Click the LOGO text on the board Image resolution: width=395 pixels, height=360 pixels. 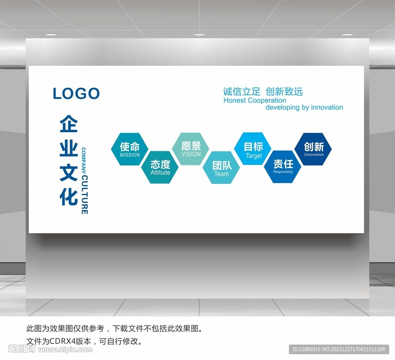pyautogui.click(x=76, y=93)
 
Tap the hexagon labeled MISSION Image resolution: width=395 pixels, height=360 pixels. pyautogui.click(x=130, y=149)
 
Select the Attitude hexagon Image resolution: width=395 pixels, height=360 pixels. pyautogui.click(x=160, y=167)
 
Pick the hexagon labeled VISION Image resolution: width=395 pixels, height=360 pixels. pyautogui.click(x=191, y=149)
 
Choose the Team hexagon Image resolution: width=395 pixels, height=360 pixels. pyautogui.click(x=221, y=167)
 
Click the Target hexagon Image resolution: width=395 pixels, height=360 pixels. pyautogui.click(x=253, y=148)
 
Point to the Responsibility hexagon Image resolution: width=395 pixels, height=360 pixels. pyautogui.click(x=283, y=167)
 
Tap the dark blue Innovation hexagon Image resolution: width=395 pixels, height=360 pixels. pyautogui.click(x=313, y=149)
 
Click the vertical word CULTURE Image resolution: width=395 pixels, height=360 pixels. pyautogui.click(x=84, y=195)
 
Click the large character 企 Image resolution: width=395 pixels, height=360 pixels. pyautogui.click(x=69, y=124)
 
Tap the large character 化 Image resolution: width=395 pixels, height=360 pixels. pyautogui.click(x=69, y=197)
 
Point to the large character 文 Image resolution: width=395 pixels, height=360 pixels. pyautogui.click(x=69, y=172)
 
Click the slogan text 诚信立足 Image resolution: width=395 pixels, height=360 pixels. pyautogui.click(x=241, y=92)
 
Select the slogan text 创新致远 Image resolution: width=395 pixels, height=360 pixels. pyautogui.click(x=284, y=92)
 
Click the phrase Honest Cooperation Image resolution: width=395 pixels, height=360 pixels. pyautogui.click(x=255, y=101)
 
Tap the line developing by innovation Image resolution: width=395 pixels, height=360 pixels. pyautogui.click(x=304, y=108)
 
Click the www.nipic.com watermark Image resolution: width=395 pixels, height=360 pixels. pyautogui.click(x=65, y=350)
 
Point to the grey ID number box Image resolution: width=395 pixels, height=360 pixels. pyautogui.click(x=339, y=350)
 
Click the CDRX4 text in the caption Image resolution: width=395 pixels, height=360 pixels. pyautogui.click(x=62, y=341)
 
